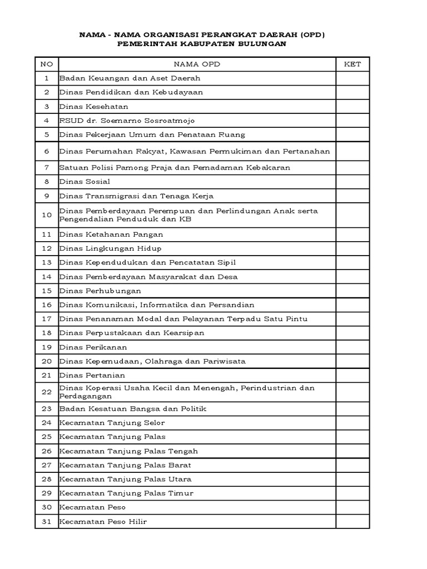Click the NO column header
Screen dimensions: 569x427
pos(47,64)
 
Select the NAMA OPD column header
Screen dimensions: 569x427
pos(196,64)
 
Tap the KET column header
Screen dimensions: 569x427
pos(352,64)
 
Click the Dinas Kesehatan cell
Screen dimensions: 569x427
pos(94,107)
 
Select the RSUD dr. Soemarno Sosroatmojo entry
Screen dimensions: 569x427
pos(127,121)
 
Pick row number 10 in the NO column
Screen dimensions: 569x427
pos(47,215)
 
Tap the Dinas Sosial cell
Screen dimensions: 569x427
pos(85,182)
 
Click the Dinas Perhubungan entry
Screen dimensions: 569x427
pos(100,291)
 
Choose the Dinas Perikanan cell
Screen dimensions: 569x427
pos(93,347)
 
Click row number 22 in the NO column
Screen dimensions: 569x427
pos(47,392)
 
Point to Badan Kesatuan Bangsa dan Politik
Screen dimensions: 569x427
pos(133,409)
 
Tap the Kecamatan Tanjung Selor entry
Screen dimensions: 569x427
pos(112,423)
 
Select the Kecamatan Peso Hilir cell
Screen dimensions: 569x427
pos(103,522)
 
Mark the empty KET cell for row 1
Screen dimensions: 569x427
pos(352,79)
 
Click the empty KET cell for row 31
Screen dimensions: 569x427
pos(352,522)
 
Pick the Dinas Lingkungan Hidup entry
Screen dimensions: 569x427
pos(111,249)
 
